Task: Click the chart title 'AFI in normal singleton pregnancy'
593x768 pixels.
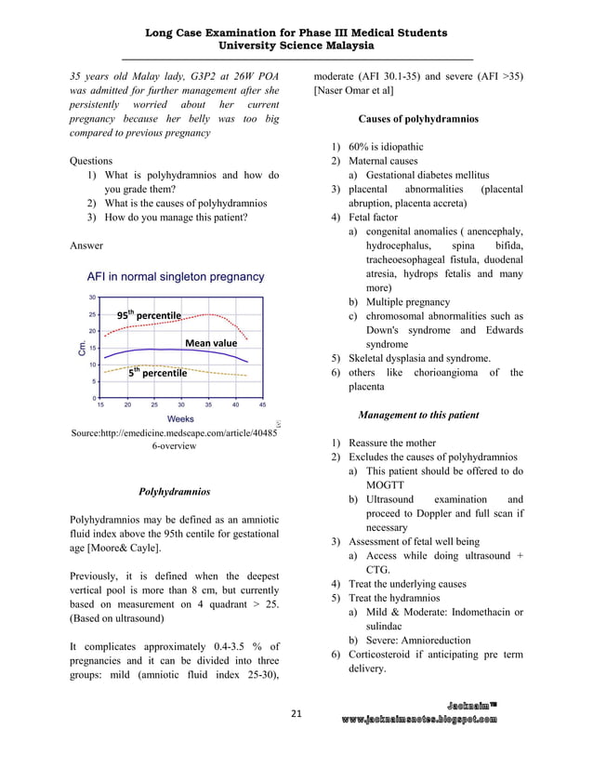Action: pyautogui.click(x=176, y=276)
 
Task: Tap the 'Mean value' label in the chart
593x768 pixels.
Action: pyautogui.click(x=211, y=343)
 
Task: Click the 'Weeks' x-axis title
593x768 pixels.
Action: pyautogui.click(x=180, y=420)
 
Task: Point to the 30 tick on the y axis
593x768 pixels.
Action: pyautogui.click(x=92, y=298)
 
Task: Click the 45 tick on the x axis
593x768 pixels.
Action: pyautogui.click(x=262, y=405)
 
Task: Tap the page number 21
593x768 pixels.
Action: pyautogui.click(x=296, y=713)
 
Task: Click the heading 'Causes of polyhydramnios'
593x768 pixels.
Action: pyautogui.click(x=417, y=119)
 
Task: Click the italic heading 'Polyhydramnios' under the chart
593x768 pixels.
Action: pyautogui.click(x=173, y=490)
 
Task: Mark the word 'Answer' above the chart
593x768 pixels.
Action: pyautogui.click(x=86, y=245)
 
